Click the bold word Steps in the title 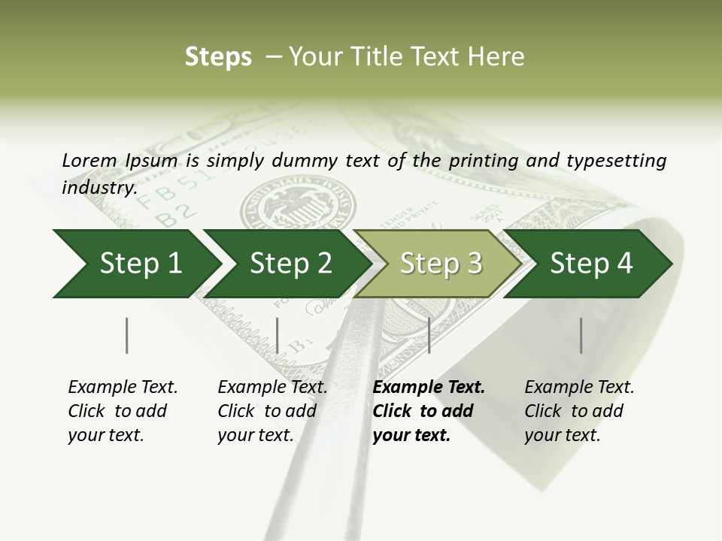click(x=218, y=57)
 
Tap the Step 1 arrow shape click(x=135, y=264)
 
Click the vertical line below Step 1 click(x=126, y=335)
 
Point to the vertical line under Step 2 click(x=278, y=335)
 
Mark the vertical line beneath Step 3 click(x=429, y=335)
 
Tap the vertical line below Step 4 click(x=581, y=335)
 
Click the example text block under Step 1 click(x=123, y=411)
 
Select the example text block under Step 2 click(x=272, y=411)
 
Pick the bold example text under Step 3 click(x=429, y=411)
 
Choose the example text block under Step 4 click(x=579, y=411)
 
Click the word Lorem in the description click(x=89, y=161)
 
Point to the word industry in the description click(x=99, y=187)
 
